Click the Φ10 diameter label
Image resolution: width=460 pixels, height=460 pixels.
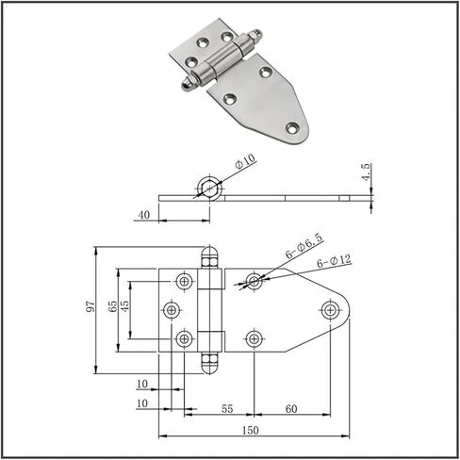[245, 161]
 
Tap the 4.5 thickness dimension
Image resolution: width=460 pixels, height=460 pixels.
[366, 172]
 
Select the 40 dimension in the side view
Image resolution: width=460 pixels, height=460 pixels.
[144, 215]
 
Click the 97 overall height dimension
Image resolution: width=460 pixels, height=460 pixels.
[90, 306]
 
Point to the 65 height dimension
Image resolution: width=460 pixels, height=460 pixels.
[112, 306]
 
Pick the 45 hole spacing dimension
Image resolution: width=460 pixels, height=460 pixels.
[124, 306]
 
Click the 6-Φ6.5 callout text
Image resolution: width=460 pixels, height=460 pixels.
[304, 246]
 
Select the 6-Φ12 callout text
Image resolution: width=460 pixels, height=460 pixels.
[334, 261]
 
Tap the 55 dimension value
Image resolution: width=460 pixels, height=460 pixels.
[227, 408]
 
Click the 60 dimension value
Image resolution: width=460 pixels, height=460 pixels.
[291, 408]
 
